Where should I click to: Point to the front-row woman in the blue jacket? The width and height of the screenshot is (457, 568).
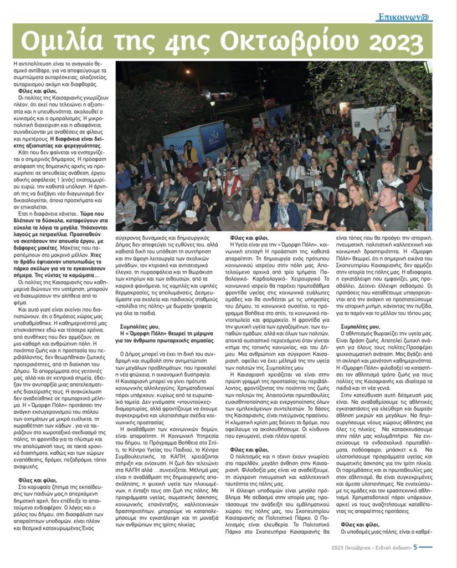289,214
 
